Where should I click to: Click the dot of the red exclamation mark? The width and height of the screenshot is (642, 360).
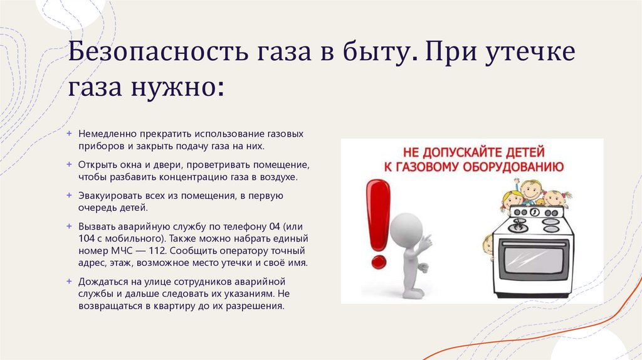(377, 259)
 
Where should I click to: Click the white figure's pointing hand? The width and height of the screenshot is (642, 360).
(426, 242)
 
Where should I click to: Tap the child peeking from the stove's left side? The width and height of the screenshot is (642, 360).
(488, 245)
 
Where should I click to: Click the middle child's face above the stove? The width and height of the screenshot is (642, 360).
(531, 191)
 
